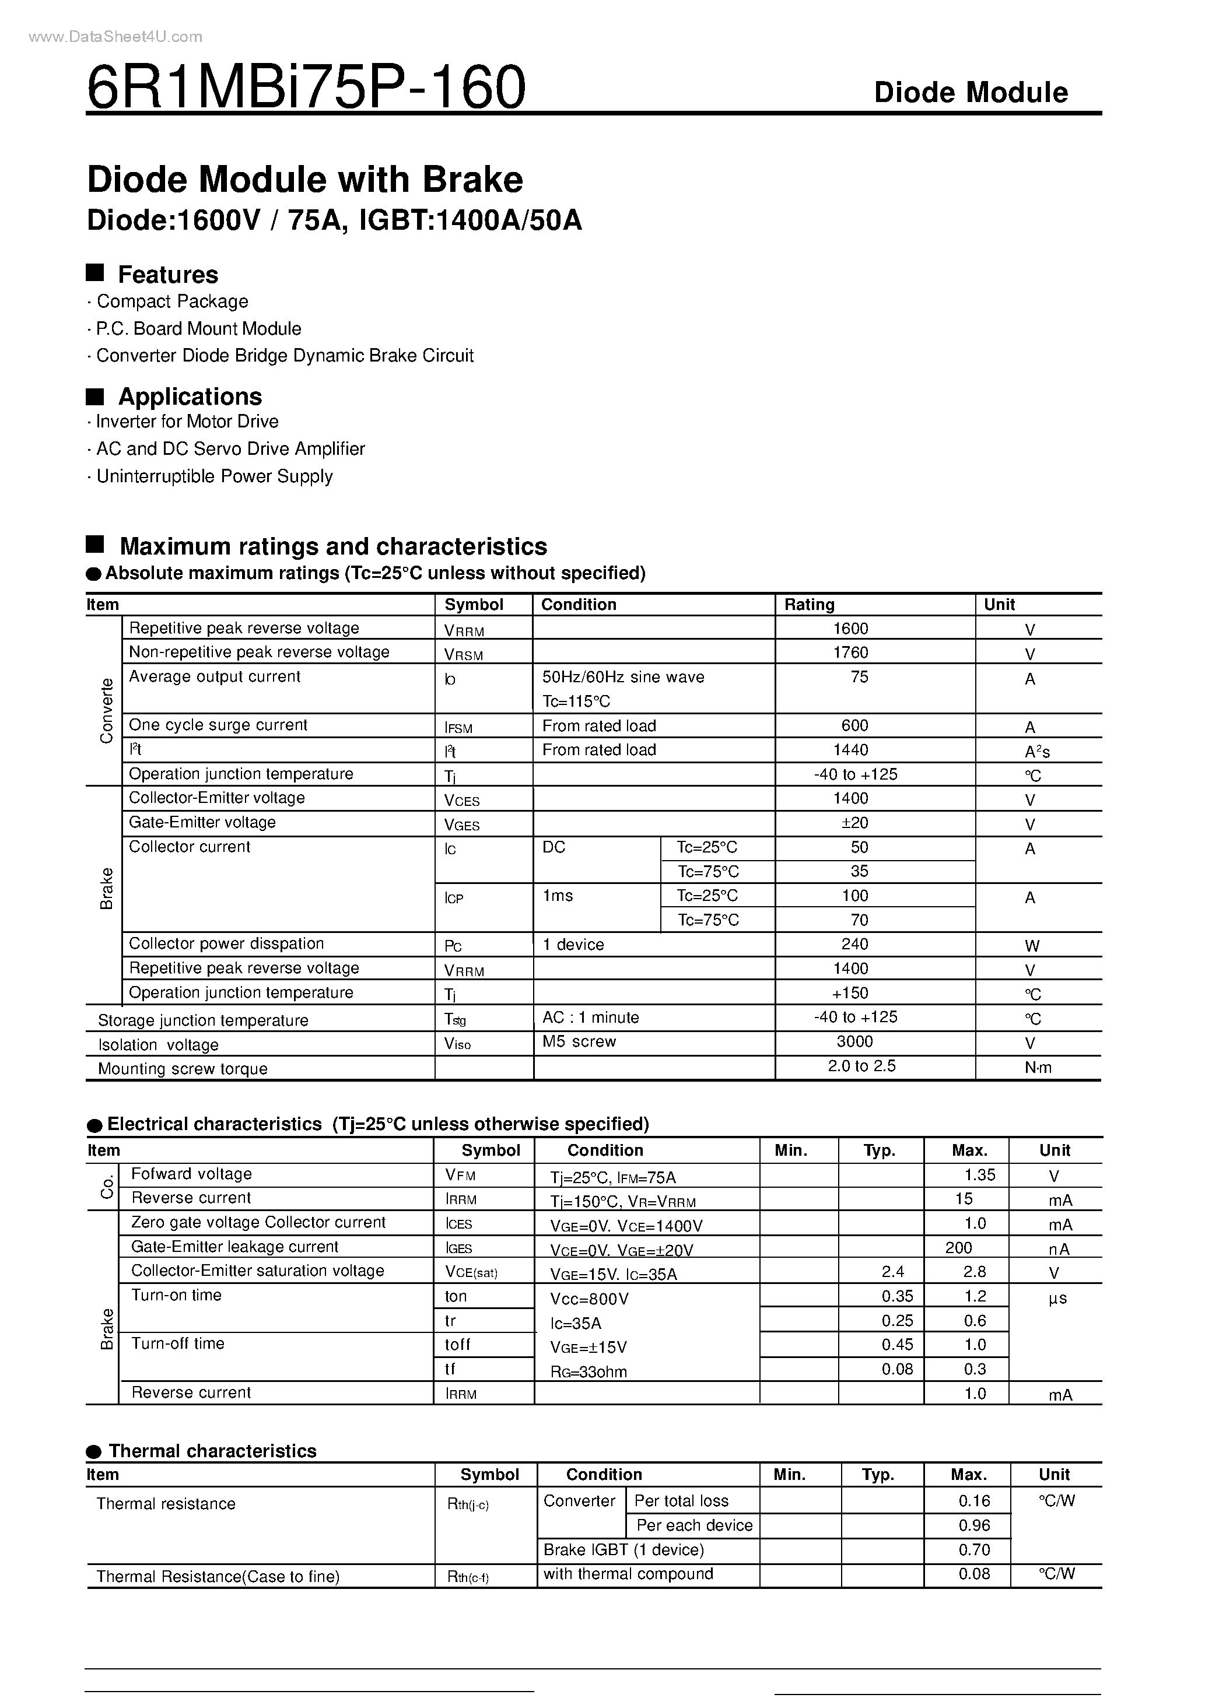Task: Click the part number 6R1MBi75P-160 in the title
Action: click(306, 87)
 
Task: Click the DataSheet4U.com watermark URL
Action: click(115, 36)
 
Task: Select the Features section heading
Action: click(168, 275)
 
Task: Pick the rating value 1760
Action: click(850, 652)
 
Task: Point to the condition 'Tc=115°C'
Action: click(576, 701)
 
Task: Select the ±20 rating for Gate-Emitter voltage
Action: click(852, 823)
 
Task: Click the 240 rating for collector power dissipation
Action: click(854, 944)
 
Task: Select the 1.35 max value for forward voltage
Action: click(979, 1175)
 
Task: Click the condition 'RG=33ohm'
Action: click(589, 1372)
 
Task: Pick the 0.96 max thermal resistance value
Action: click(974, 1525)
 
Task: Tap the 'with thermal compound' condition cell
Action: click(628, 1574)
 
